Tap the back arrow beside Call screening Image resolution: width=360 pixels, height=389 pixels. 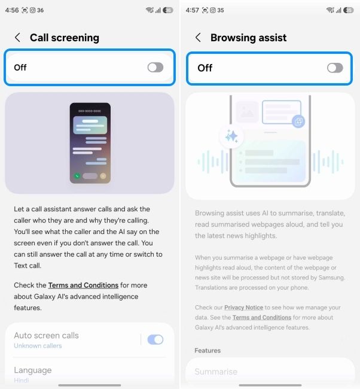coord(17,38)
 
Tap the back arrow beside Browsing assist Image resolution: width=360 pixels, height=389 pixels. coord(198,38)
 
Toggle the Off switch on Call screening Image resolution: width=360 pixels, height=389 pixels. coord(155,67)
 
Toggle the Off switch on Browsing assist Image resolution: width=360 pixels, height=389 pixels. coord(335,68)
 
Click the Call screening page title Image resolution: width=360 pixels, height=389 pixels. coord(65,38)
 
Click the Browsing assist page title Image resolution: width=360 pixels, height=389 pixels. coord(248,38)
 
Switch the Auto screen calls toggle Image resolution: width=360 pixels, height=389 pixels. coord(155,340)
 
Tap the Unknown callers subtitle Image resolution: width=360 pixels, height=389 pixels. coord(38,346)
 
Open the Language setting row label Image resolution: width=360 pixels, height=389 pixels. coord(33,370)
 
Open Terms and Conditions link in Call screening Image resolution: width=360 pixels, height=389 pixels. coord(83,285)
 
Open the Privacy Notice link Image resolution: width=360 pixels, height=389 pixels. coord(243,308)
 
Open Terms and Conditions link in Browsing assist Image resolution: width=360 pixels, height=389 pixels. coord(262,317)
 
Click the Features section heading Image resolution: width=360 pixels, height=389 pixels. coord(208,351)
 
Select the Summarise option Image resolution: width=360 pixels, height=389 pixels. coord(216,372)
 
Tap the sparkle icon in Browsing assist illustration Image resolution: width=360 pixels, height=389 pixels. coord(231,137)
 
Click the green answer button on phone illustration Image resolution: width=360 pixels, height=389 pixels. coord(77,177)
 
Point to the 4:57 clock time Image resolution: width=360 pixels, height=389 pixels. coord(193,10)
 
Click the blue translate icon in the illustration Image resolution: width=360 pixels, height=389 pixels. coord(298,121)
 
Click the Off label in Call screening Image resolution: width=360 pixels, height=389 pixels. coord(20,67)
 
